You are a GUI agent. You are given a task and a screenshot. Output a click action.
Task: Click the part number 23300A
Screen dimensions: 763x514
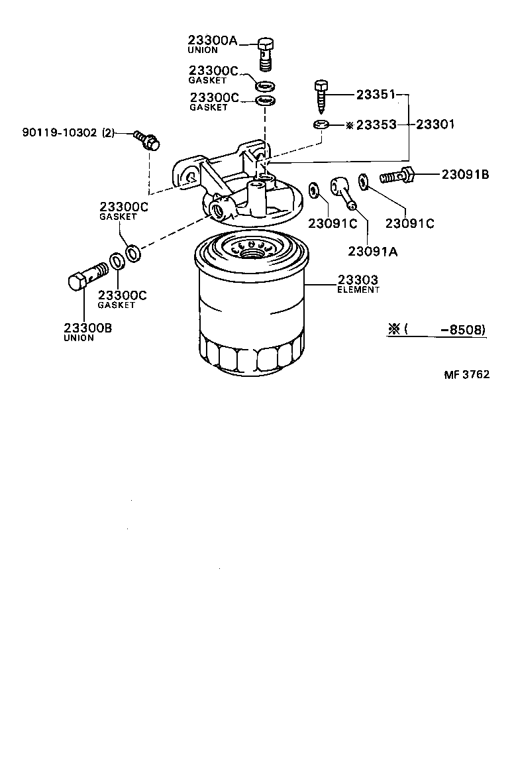[x=212, y=40]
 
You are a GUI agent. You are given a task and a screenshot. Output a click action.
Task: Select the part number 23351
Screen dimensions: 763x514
[x=376, y=95]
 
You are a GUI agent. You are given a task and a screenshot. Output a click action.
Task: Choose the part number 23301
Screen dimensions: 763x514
[x=435, y=124]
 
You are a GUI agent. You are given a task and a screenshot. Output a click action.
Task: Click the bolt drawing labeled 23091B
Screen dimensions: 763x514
[x=397, y=177]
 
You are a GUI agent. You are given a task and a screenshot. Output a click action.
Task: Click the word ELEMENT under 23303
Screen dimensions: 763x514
[x=358, y=290]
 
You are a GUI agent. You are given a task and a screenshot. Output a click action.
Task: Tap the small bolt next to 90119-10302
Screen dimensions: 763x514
[x=148, y=140]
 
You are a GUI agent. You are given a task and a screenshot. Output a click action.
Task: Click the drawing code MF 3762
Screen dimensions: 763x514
[x=466, y=374]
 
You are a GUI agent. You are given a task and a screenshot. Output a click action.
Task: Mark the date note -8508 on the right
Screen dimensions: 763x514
[x=466, y=329]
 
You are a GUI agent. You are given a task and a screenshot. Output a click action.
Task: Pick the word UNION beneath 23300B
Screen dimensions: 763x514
[x=79, y=338]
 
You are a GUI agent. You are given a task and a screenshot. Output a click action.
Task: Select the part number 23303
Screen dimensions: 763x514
[x=358, y=280]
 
